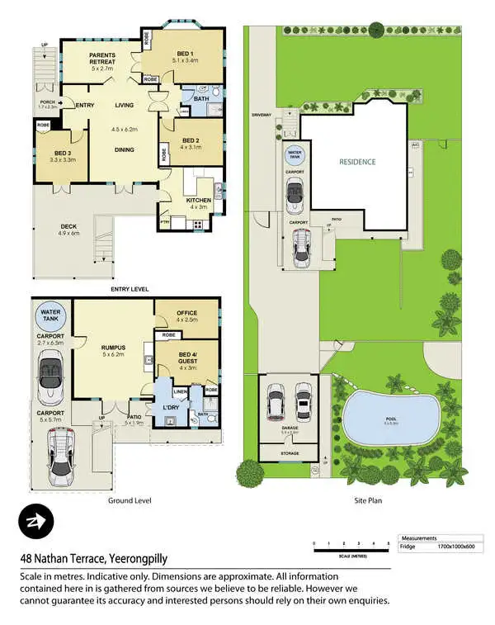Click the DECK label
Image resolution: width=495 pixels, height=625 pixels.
68,229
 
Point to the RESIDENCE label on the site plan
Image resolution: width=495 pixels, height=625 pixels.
357,162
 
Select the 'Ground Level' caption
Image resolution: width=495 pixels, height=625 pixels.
126,500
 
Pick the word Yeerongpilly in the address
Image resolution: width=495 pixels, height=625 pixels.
144,556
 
